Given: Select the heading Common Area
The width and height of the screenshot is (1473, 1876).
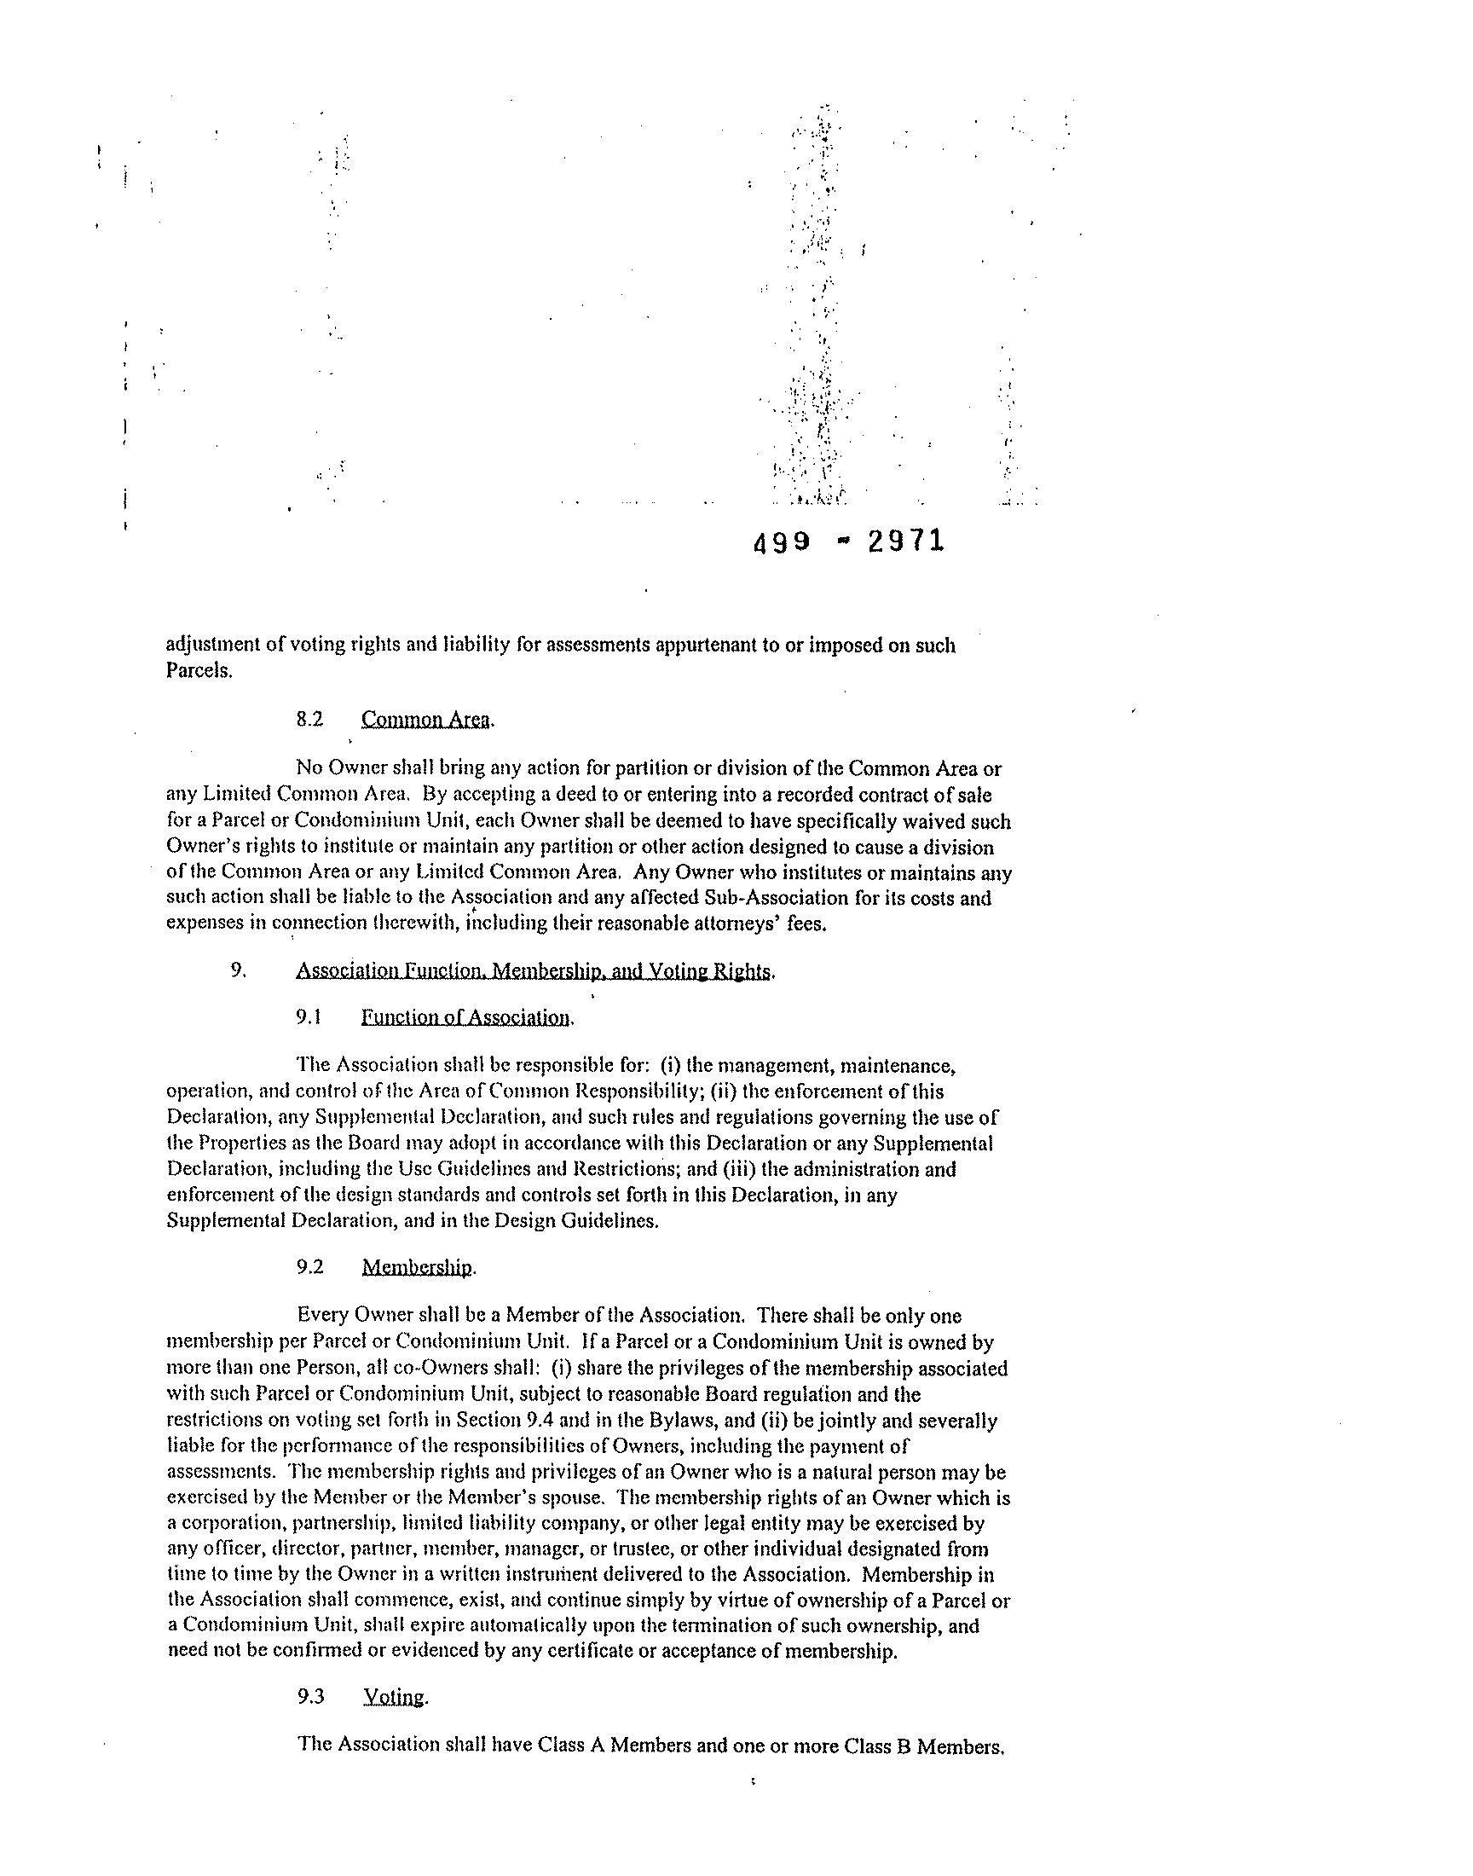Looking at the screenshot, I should point(426,720).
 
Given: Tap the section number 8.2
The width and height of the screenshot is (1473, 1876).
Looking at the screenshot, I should point(309,720).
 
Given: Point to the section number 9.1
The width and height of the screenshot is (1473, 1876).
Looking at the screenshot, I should point(309,1018).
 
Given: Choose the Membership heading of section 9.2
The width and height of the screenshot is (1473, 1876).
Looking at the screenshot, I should point(418,1267).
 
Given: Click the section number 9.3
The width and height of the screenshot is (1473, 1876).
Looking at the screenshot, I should point(310,1697).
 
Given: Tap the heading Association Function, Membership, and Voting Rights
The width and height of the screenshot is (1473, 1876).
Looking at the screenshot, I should point(534,971).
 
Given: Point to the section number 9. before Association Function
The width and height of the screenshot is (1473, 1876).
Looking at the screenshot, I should point(239,970).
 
